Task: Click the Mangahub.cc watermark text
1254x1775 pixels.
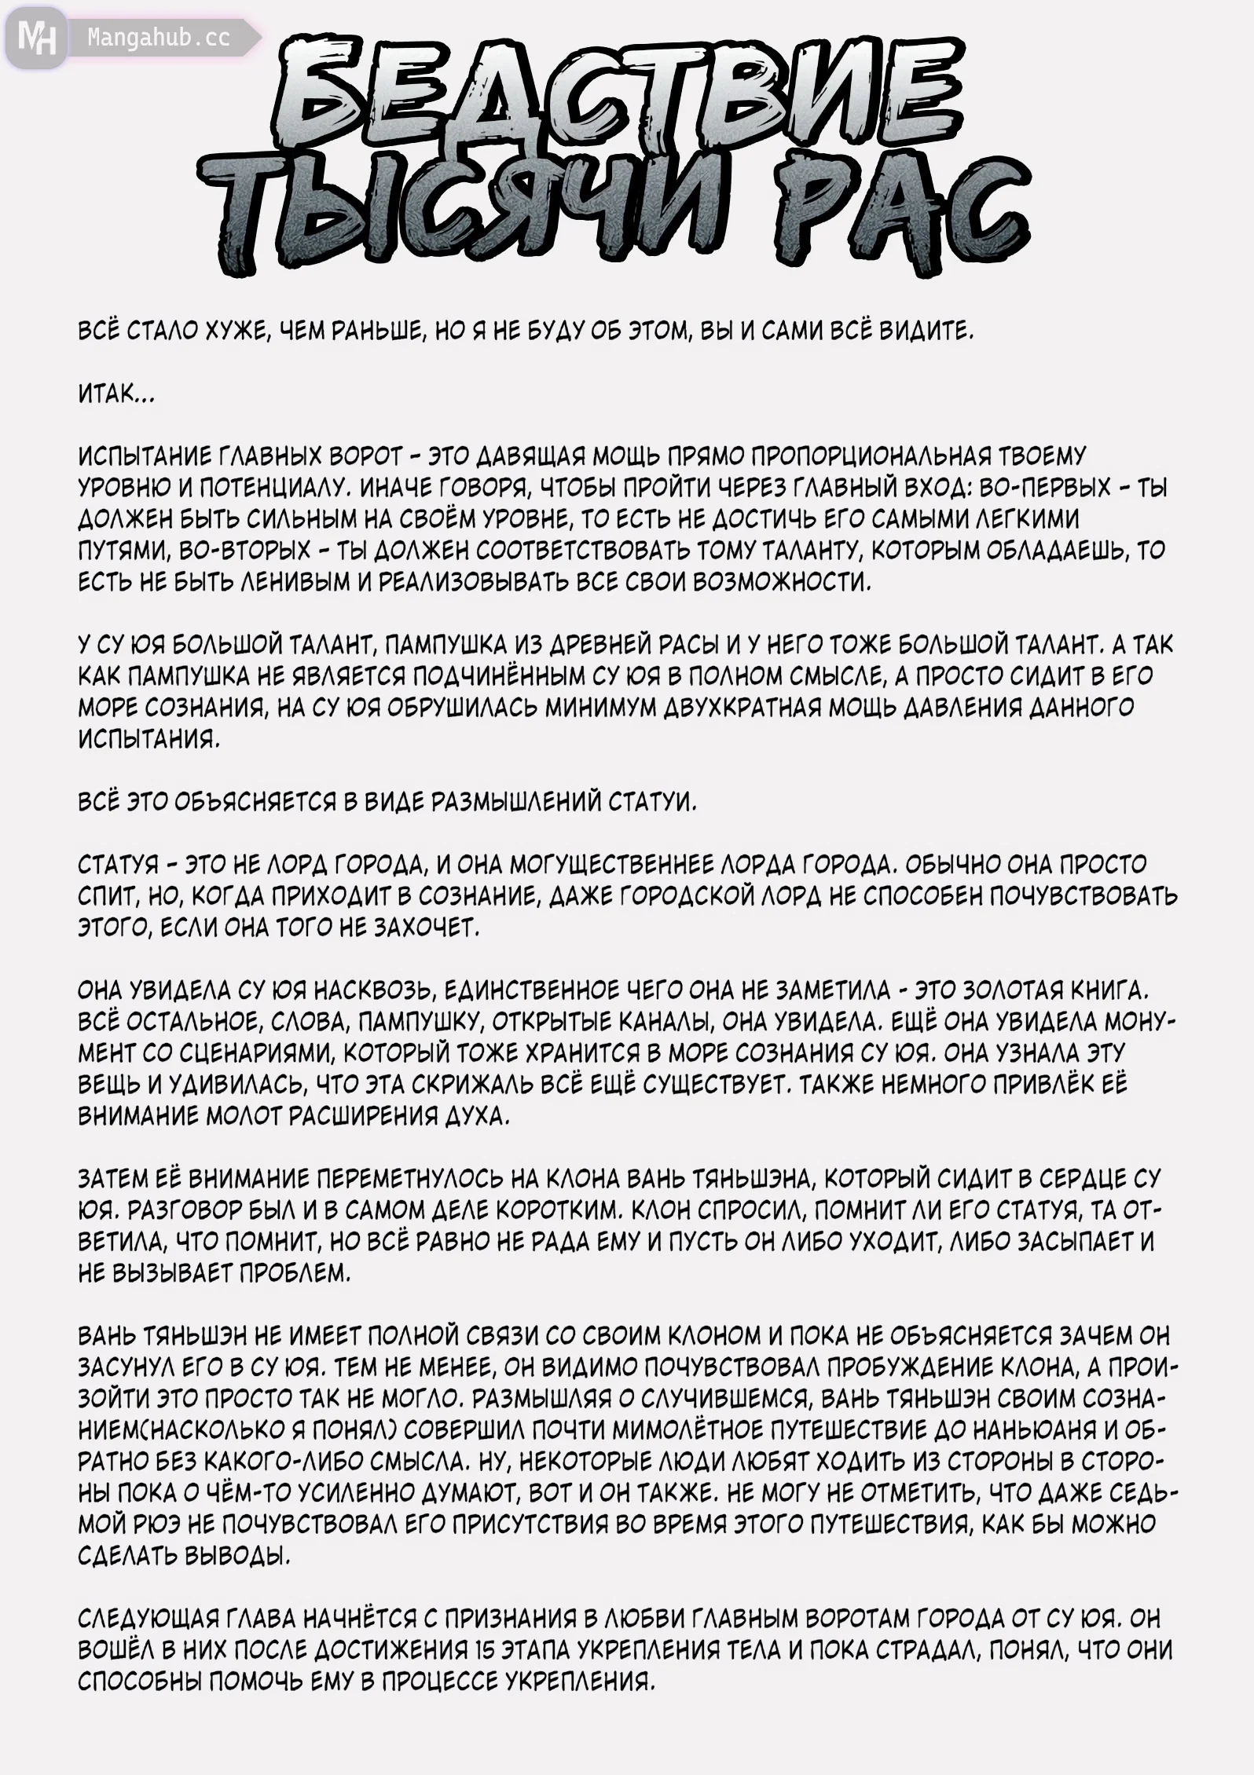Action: [x=159, y=37]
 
